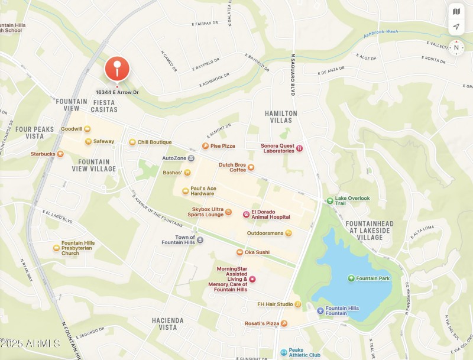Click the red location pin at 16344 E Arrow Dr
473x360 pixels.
click(117, 69)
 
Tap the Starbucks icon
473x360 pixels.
click(60, 154)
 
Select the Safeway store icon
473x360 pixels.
click(88, 141)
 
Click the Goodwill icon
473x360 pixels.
click(88, 129)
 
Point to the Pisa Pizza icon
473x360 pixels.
click(205, 145)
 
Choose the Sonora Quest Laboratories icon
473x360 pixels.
click(300, 148)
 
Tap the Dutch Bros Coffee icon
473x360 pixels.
click(251, 167)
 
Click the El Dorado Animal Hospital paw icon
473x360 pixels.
click(246, 214)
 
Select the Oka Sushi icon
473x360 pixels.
click(239, 252)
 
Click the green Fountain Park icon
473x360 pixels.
click(351, 278)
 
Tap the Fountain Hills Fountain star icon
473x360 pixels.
click(320, 310)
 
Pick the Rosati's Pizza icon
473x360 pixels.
click(284, 323)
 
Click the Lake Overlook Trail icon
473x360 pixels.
click(330, 200)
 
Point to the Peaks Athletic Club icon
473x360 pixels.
click(284, 352)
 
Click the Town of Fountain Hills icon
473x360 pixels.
click(200, 240)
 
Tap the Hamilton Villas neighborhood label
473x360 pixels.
click(281, 116)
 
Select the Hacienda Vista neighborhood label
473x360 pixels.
click(168, 323)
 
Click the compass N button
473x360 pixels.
click(456, 47)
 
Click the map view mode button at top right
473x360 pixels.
click(456, 11)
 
